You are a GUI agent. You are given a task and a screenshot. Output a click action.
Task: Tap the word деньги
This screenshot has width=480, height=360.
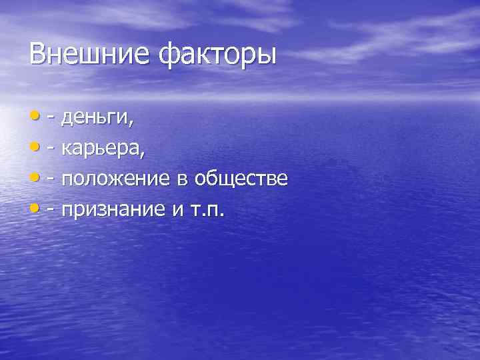96,119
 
